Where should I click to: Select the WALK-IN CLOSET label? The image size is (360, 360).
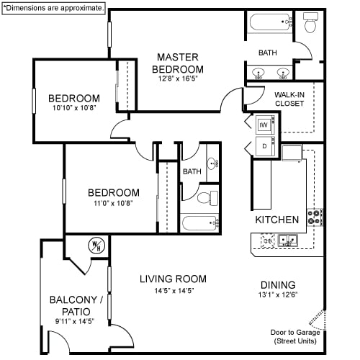point(289,99)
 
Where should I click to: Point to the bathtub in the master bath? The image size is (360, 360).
point(271,24)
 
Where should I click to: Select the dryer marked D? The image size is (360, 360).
point(264,147)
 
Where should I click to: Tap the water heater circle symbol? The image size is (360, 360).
point(96,245)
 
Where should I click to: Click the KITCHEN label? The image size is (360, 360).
point(277,219)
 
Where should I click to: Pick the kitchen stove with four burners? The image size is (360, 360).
point(315,217)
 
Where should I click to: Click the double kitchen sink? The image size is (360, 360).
point(289,240)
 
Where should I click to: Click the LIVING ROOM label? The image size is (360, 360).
point(173,279)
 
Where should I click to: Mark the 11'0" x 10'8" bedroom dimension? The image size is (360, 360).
point(113,204)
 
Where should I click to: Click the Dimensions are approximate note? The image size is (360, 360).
point(53,7)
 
